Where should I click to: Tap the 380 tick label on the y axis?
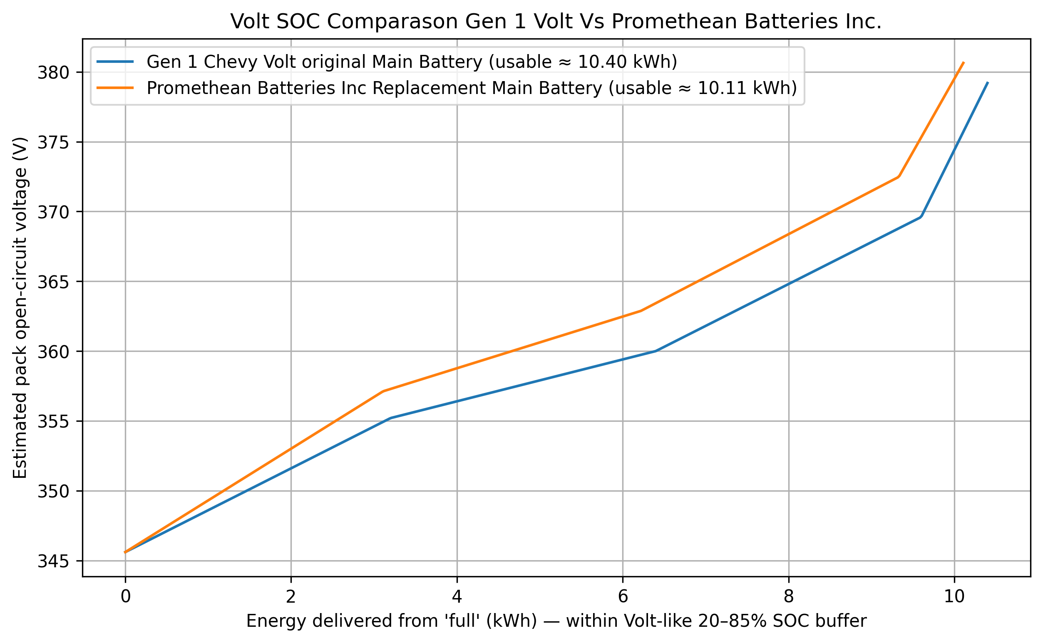click(53, 73)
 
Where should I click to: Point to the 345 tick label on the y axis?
click(53, 561)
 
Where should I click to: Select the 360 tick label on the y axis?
click(53, 352)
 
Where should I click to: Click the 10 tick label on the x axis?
click(954, 597)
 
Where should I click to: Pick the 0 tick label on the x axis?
click(125, 597)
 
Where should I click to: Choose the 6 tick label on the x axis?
click(623, 597)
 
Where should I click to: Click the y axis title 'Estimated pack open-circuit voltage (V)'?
click(20, 308)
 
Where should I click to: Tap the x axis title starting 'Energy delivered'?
click(556, 621)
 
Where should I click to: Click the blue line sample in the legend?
click(115, 62)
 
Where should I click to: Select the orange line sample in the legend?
click(115, 88)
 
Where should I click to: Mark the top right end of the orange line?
click(964, 62)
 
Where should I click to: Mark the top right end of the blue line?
click(988, 82)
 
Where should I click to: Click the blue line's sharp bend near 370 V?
click(921, 217)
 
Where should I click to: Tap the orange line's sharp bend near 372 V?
click(898, 176)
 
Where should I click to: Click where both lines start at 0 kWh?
click(125, 552)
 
